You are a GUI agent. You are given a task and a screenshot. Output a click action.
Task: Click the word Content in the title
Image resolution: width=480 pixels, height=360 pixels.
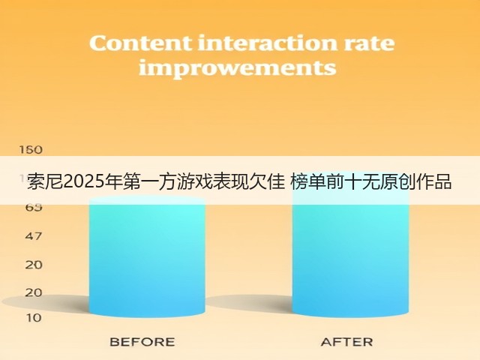pyautogui.click(x=141, y=43)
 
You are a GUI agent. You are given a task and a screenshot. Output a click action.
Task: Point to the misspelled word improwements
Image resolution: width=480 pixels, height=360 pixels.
pyautogui.click(x=238, y=68)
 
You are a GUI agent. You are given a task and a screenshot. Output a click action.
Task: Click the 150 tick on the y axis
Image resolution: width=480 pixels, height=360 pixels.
pyautogui.click(x=31, y=150)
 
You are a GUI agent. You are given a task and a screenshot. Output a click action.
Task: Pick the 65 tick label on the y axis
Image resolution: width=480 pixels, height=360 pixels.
pyautogui.click(x=33, y=208)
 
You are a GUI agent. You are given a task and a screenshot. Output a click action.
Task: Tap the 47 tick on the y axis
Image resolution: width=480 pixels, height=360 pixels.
pyautogui.click(x=33, y=236)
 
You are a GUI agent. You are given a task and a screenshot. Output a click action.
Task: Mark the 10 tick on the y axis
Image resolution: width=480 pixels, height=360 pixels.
pyautogui.click(x=33, y=318)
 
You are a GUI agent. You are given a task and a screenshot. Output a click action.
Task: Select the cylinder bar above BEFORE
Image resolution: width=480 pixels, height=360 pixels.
pyautogui.click(x=147, y=256)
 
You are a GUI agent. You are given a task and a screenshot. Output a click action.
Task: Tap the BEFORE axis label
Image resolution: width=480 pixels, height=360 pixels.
pyautogui.click(x=142, y=342)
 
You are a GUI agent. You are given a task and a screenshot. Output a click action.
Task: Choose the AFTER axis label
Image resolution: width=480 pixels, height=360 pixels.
pyautogui.click(x=347, y=342)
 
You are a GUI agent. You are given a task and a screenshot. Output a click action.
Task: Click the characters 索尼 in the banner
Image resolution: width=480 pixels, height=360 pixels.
pyautogui.click(x=45, y=181)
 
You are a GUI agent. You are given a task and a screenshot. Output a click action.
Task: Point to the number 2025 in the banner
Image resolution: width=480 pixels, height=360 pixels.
pyautogui.click(x=83, y=181)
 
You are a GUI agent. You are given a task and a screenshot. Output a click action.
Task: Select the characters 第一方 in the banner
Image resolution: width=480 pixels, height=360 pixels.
pyautogui.click(x=149, y=181)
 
